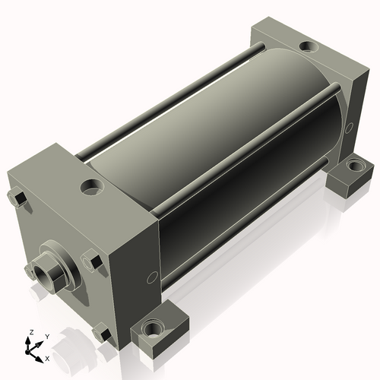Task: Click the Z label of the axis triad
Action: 31,332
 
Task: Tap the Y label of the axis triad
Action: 47,337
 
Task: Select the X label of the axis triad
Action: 47,359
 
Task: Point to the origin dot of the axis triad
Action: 27,352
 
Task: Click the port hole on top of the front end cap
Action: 92,187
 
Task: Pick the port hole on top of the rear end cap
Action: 309,46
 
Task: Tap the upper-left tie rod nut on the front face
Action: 17,196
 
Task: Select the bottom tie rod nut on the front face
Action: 102,333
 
